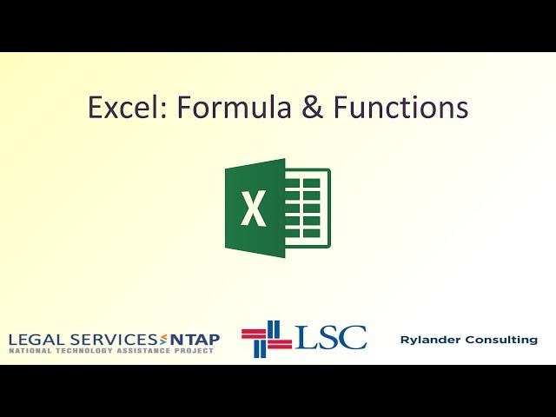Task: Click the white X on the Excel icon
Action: (x=254, y=208)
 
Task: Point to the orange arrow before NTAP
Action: (x=162, y=339)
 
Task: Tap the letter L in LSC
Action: (x=304, y=337)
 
